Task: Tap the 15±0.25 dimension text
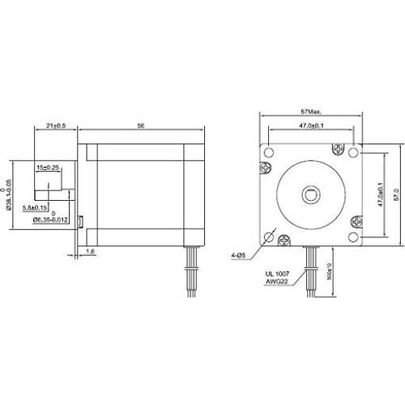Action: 48,167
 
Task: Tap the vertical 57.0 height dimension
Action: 398,194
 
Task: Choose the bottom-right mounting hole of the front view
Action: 354,237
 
